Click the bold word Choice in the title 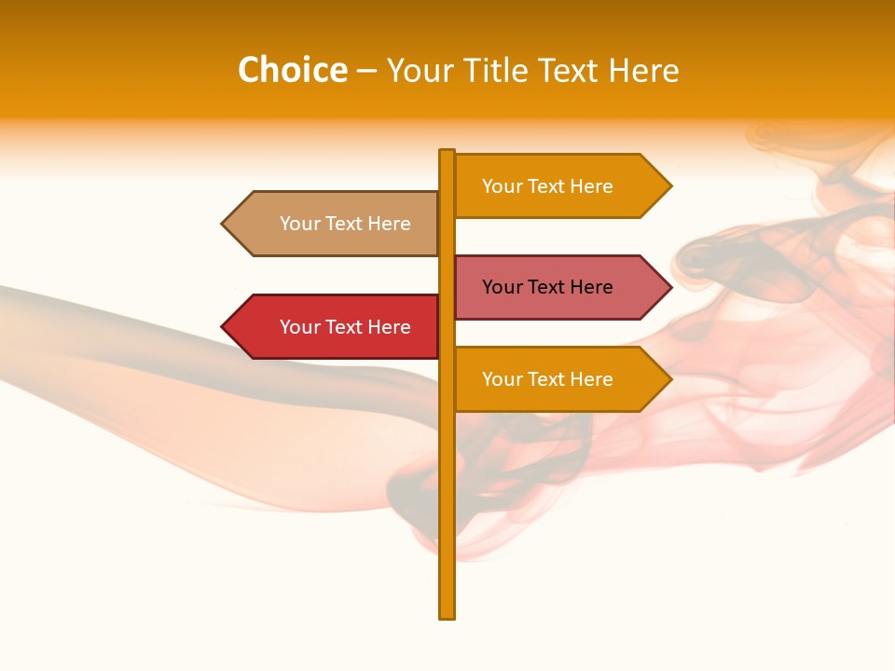[292, 70]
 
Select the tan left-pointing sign [336, 224]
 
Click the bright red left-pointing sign [336, 327]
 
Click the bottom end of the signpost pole [447, 614]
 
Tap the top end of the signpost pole [447, 153]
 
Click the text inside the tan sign [345, 224]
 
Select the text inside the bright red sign [345, 327]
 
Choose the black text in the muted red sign [547, 287]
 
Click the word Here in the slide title [643, 71]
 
